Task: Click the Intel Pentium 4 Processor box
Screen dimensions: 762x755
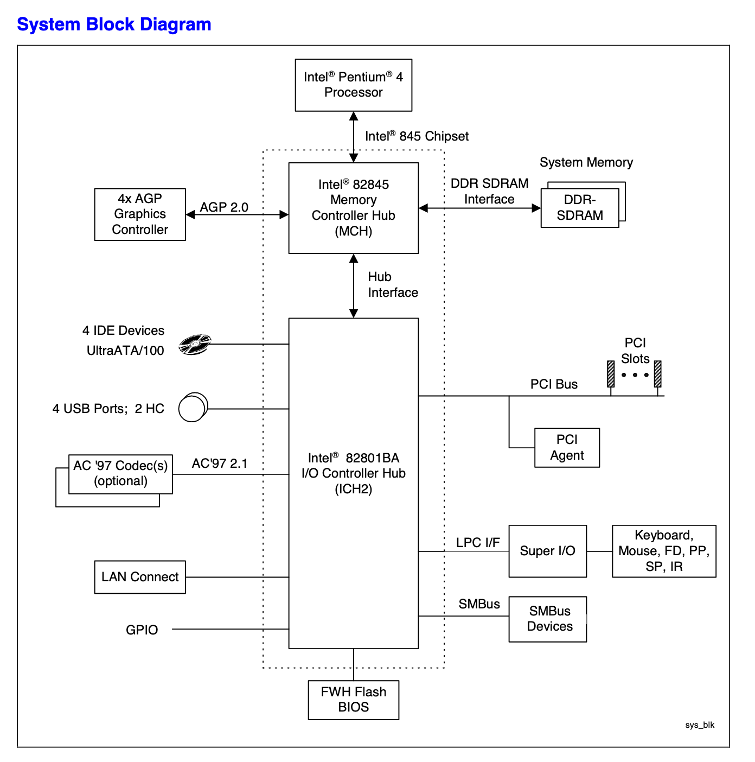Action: [353, 85]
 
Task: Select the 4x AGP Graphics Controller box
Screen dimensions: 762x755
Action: [140, 214]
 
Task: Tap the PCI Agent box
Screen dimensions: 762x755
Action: [567, 448]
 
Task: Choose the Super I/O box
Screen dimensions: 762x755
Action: [547, 551]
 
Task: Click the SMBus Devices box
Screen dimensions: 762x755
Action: [547, 619]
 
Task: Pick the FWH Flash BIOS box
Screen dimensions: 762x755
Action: [353, 700]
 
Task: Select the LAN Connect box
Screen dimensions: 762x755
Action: [140, 577]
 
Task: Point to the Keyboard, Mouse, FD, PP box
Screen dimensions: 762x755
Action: [664, 551]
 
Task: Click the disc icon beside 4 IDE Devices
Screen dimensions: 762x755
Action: [195, 344]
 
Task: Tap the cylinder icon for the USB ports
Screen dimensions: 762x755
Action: [193, 408]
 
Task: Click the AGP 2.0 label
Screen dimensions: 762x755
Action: [224, 207]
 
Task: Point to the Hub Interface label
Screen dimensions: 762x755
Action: [393, 285]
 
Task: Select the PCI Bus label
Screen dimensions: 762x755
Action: [554, 384]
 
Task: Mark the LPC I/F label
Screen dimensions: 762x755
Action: [478, 543]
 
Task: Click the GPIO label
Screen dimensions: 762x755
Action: [142, 630]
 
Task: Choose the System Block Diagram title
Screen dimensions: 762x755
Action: [114, 24]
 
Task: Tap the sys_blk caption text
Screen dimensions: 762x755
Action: [700, 725]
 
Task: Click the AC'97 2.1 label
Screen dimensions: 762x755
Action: [220, 463]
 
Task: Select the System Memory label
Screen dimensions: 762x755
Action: [586, 162]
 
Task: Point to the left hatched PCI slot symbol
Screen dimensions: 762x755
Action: [611, 374]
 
